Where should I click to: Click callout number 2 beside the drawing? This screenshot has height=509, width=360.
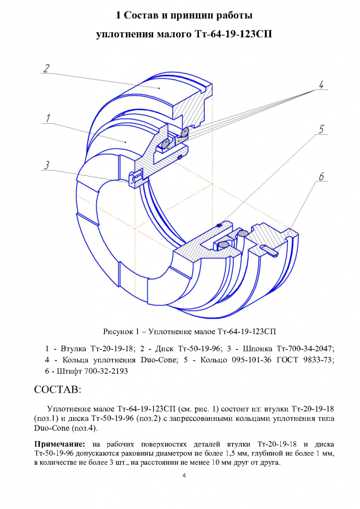(46, 68)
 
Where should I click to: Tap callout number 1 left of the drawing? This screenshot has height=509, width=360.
(48, 118)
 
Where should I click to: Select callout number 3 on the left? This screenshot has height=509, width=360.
(47, 165)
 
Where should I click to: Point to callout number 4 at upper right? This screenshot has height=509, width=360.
(321, 85)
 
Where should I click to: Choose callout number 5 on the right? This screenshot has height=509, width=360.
(321, 129)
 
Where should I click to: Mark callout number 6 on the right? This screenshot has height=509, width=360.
(321, 176)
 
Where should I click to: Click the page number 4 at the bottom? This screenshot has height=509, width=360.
(184, 476)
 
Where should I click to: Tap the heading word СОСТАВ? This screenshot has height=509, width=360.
(58, 389)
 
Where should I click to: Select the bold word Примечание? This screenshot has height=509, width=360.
(60, 444)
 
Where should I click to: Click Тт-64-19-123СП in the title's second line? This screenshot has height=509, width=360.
(233, 34)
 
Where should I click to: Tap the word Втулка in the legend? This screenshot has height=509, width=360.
(74, 348)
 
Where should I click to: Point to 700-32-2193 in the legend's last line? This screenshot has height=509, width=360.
(106, 371)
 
